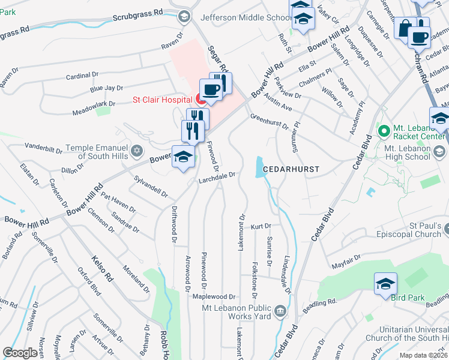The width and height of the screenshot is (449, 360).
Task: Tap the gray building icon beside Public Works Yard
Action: tap(279, 310)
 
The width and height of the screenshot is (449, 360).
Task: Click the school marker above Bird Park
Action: tap(385, 284)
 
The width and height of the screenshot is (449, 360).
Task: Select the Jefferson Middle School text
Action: tap(246, 17)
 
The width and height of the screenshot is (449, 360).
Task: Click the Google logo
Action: tap(20, 353)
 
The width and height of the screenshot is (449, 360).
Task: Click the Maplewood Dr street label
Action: tap(214, 296)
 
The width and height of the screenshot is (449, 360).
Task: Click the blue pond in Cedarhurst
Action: tap(260, 167)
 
